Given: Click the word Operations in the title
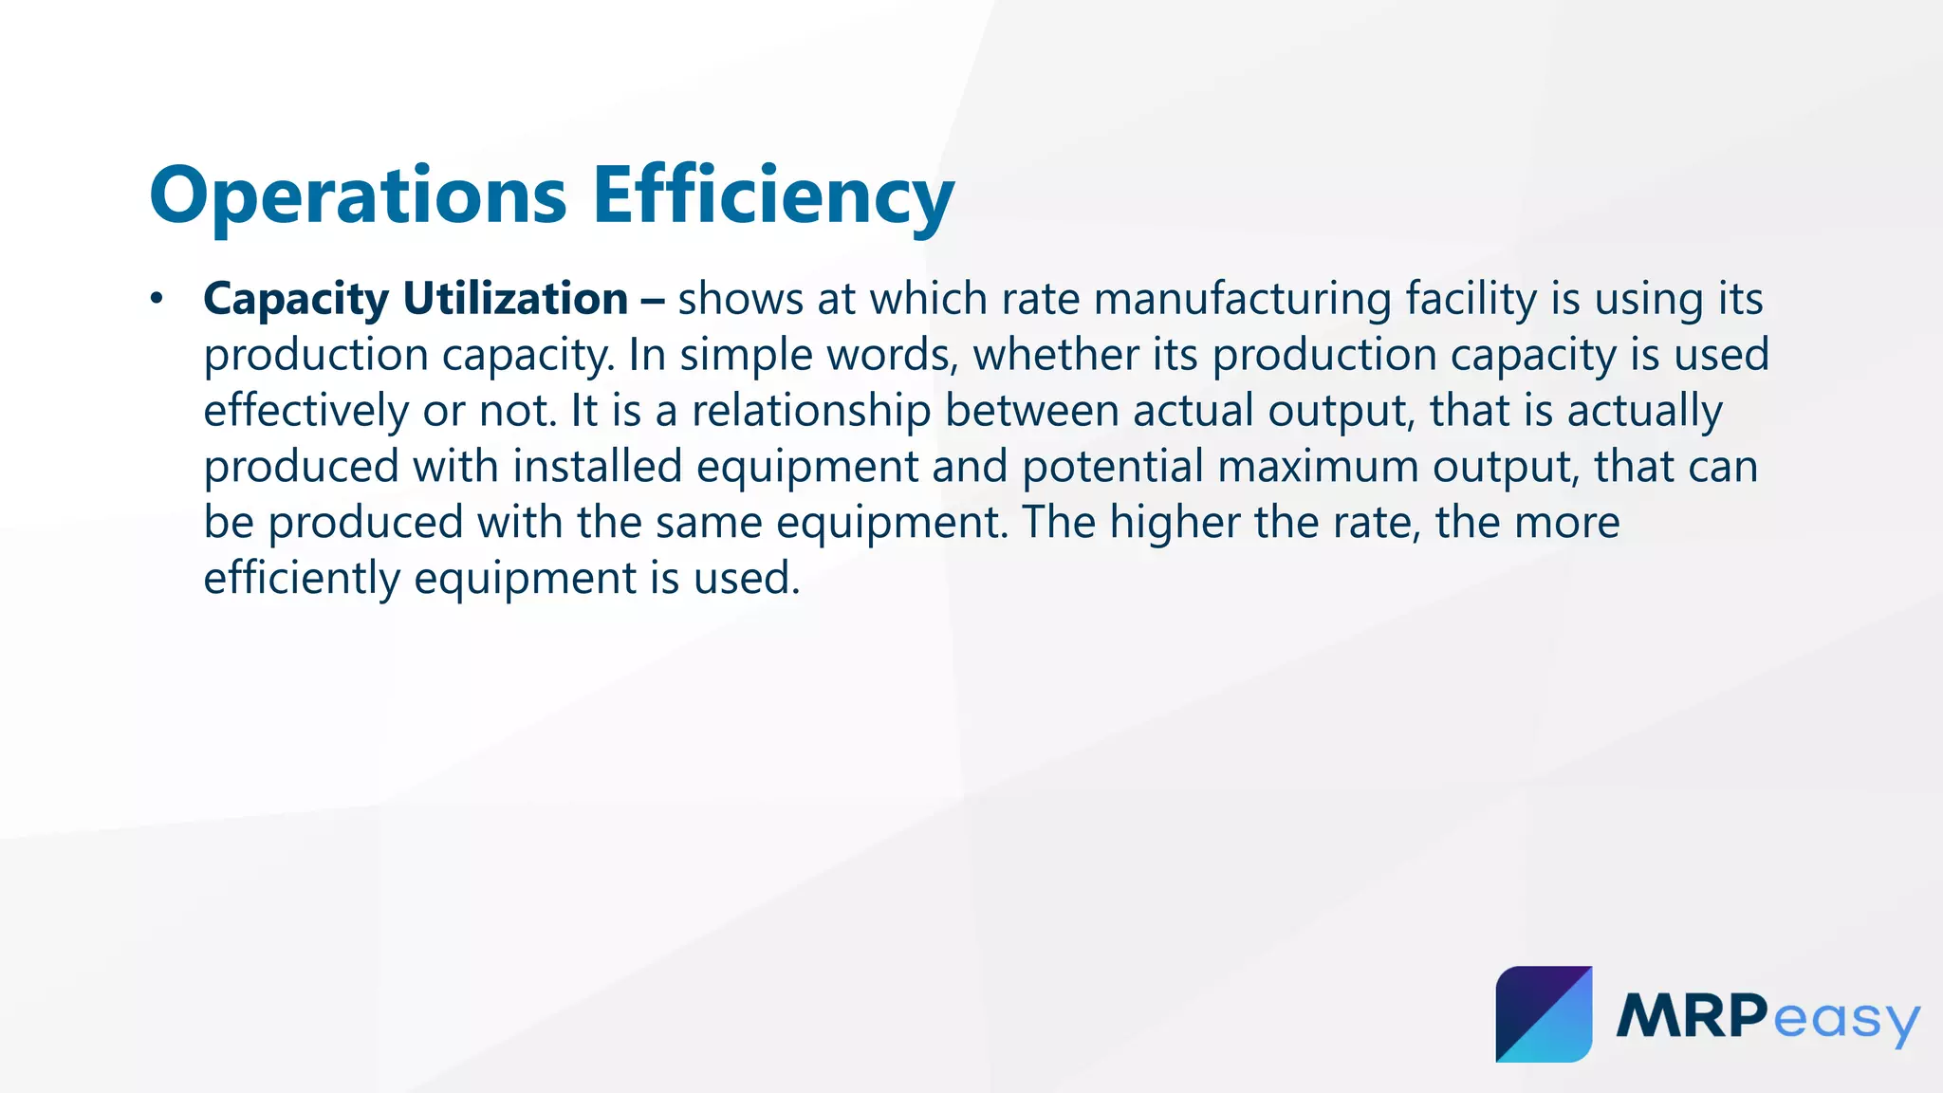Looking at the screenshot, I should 358,196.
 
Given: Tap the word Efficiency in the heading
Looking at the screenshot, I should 772,196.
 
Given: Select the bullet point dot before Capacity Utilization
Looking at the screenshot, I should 157,299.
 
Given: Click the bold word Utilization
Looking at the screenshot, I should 515,299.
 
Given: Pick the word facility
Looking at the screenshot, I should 1471,299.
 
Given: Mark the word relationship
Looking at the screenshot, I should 811,411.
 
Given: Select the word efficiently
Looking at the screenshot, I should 302,579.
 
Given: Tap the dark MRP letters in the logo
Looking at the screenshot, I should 1692,1016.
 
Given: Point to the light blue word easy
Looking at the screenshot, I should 1845,1020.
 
